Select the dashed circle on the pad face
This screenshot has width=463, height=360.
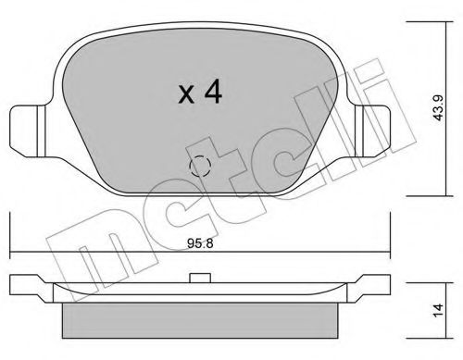pyautogui.click(x=200, y=167)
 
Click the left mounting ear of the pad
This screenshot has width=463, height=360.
pyautogui.click(x=26, y=127)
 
